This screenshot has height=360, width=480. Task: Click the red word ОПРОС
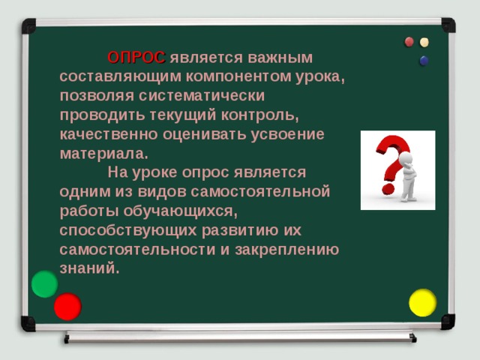[136, 58]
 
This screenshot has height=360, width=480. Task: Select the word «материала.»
[103, 154]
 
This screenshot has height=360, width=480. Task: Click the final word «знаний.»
[89, 268]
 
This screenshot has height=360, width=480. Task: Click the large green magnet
[45, 284]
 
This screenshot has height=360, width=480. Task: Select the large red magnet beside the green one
[67, 306]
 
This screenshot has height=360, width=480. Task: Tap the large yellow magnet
[422, 302]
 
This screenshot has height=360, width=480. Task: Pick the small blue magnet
[424, 61]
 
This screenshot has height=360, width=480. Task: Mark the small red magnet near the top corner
[409, 41]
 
